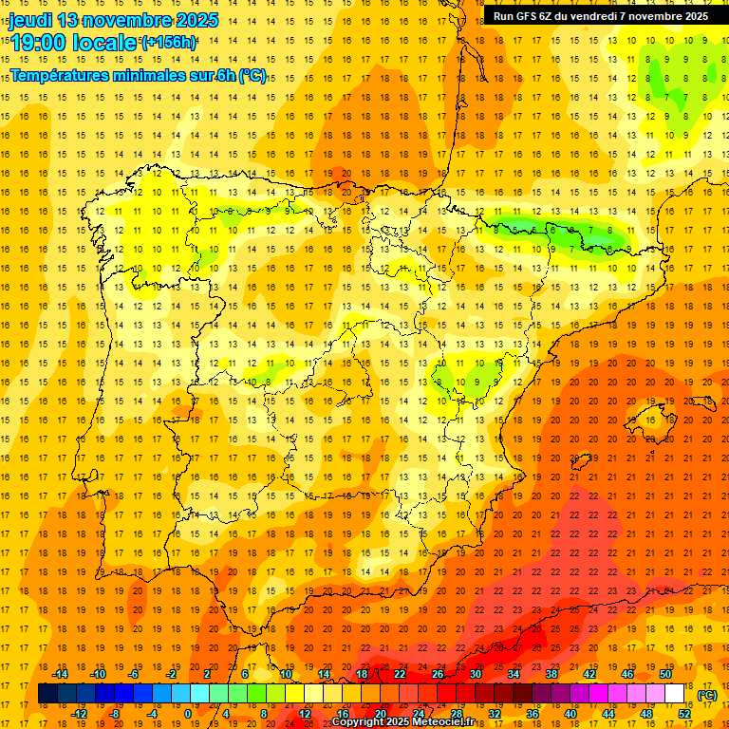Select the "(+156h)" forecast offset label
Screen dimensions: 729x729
(169, 42)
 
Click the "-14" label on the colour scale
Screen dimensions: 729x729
(60, 674)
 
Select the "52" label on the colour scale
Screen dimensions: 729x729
(684, 714)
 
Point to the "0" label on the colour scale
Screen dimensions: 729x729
(188, 714)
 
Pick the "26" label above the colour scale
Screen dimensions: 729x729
(438, 674)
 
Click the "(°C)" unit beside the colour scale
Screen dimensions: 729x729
(707, 695)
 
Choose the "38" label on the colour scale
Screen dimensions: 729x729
(551, 674)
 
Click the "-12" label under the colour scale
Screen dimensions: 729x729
(79, 714)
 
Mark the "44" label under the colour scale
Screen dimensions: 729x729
(608, 714)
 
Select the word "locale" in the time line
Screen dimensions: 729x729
(105, 43)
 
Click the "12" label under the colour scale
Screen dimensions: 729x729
(305, 714)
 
